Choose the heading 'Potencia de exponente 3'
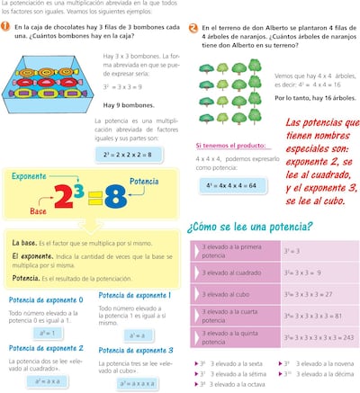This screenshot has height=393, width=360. [x=135, y=350]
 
